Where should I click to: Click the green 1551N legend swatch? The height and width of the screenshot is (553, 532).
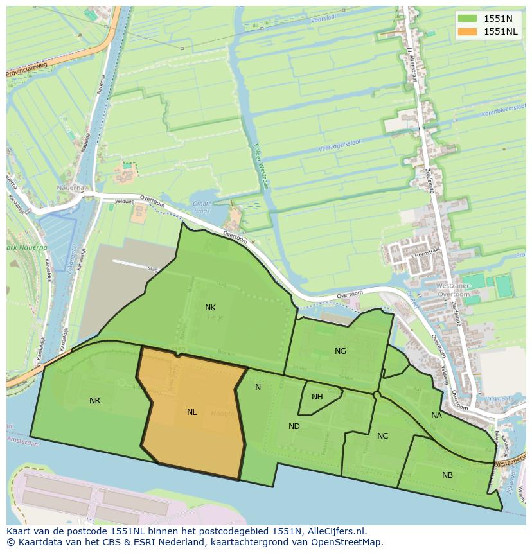click(469, 19)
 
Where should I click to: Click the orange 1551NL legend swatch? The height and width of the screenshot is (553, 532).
click(469, 31)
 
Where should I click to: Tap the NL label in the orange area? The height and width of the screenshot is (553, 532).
click(191, 412)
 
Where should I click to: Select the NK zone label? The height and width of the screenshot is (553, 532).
click(210, 308)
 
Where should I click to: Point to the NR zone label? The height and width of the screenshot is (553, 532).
click(94, 401)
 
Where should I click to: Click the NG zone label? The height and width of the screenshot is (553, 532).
click(341, 351)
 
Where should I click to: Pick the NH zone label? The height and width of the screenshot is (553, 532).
click(317, 397)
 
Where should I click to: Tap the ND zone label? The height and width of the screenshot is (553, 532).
click(294, 426)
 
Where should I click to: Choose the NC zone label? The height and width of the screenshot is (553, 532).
click(382, 436)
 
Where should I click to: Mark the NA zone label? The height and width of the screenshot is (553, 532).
click(436, 416)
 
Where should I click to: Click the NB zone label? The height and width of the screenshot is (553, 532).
click(447, 475)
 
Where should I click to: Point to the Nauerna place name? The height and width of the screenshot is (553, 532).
click(69, 188)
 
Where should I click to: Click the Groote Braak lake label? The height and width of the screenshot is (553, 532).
click(202, 207)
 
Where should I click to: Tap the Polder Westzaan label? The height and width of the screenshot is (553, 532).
click(261, 166)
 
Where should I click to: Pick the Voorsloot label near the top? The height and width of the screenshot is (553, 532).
click(323, 20)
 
